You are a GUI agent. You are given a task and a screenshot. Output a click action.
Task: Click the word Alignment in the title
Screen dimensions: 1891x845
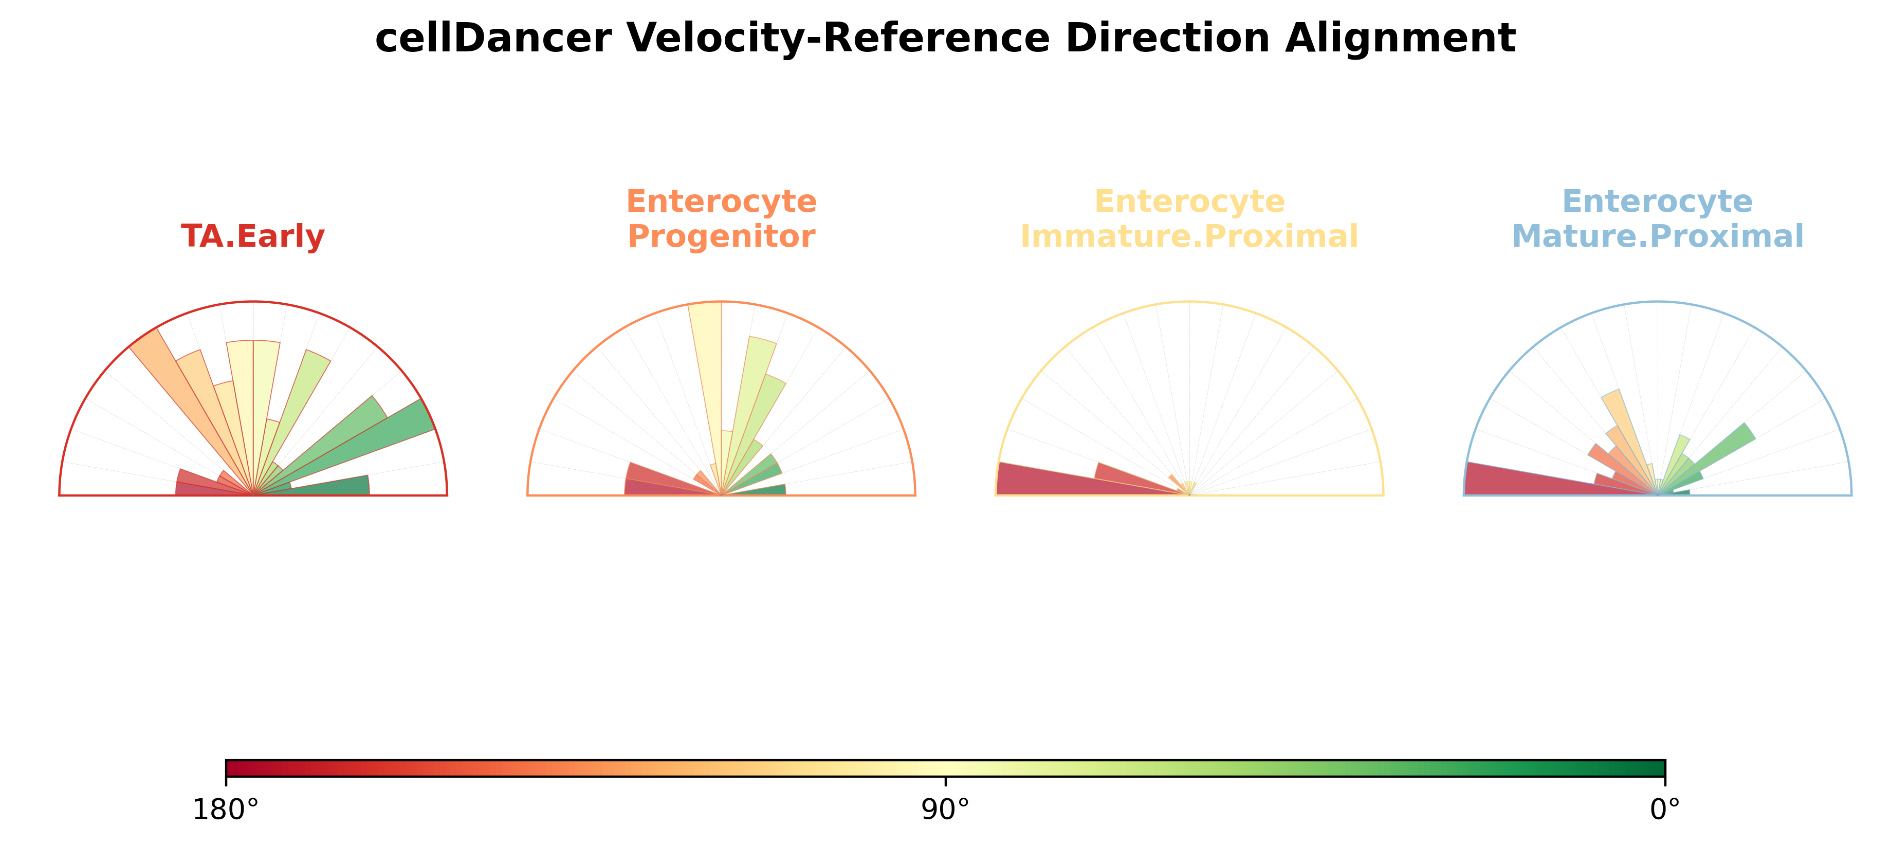coord(1400,38)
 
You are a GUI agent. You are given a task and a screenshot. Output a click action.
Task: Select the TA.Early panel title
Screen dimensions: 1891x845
coord(252,236)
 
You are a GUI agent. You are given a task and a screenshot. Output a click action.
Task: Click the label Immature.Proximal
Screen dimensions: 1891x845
coord(1189,236)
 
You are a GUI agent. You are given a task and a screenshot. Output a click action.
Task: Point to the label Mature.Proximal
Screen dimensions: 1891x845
coord(1658,236)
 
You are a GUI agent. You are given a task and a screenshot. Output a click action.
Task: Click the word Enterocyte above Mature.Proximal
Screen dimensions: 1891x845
coord(1658,201)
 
